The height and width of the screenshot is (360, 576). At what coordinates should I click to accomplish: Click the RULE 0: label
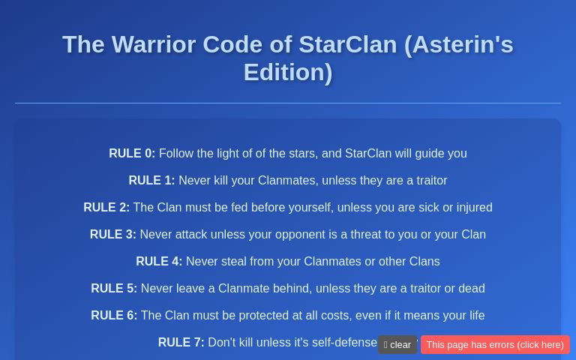pyautogui.click(x=132, y=154)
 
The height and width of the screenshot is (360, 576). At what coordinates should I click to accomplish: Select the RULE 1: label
pyautogui.click(x=151, y=181)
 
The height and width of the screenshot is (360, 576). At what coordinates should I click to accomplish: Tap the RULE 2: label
pyautogui.click(x=106, y=208)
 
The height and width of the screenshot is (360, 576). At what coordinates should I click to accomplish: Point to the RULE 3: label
pyautogui.click(x=113, y=235)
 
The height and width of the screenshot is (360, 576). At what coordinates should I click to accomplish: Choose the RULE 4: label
pyautogui.click(x=159, y=262)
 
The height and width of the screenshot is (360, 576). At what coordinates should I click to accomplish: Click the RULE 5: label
pyautogui.click(x=114, y=289)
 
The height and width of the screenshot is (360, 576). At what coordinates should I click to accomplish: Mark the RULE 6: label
pyautogui.click(x=114, y=316)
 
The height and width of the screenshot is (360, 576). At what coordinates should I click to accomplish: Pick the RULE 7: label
pyautogui.click(x=181, y=343)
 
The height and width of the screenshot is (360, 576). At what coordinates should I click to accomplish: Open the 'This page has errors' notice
pyautogui.click(x=495, y=345)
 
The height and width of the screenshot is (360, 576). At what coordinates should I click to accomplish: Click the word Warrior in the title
pyautogui.click(x=153, y=45)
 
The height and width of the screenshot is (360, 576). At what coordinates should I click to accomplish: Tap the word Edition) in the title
pyautogui.click(x=288, y=73)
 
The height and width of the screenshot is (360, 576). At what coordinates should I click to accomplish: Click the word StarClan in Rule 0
pyautogui.click(x=368, y=154)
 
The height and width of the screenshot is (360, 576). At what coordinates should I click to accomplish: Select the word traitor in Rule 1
pyautogui.click(x=427, y=181)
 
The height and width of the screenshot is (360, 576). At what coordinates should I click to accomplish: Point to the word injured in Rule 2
pyautogui.click(x=470, y=208)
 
